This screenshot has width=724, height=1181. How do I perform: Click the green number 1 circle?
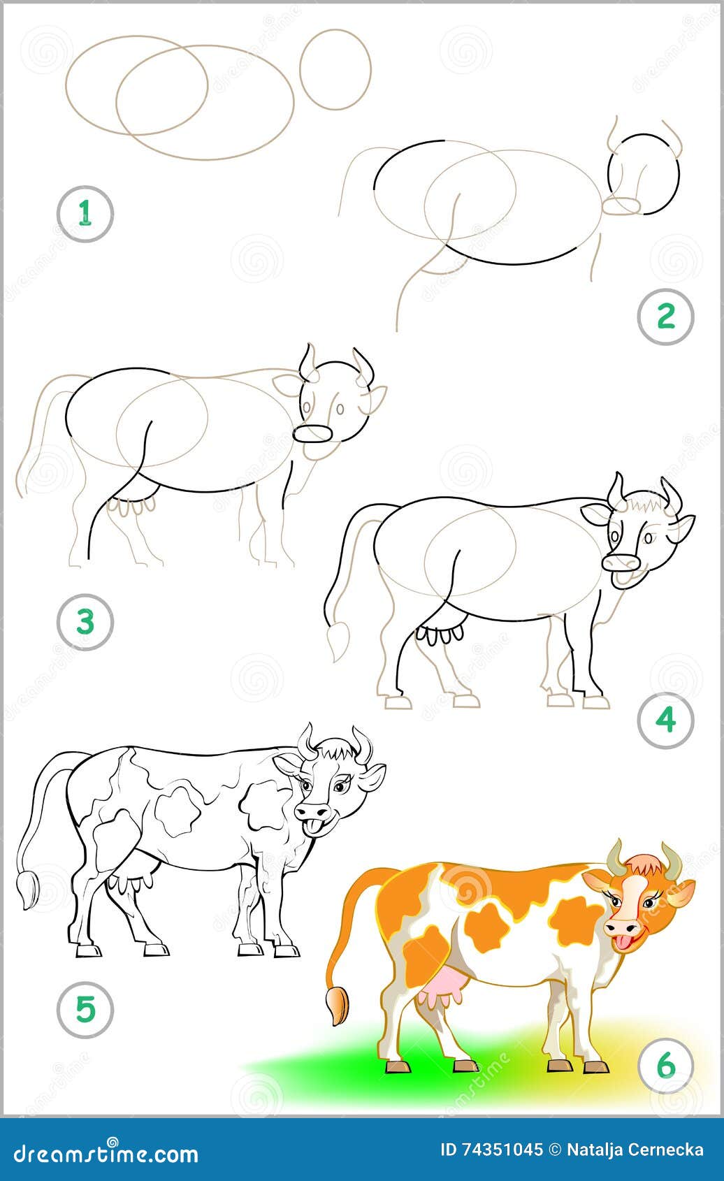coord(85,213)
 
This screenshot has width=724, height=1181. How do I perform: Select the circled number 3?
coord(85,621)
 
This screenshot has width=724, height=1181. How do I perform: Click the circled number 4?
coord(666,720)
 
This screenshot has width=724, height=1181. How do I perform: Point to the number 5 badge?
coord(85,1009)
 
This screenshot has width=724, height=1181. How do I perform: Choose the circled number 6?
coord(666,1065)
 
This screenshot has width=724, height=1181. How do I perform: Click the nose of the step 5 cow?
coord(312,811)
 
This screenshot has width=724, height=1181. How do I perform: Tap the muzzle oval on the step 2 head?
coord(621,205)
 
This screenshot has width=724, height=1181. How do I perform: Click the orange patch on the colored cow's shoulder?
coord(575,920)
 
